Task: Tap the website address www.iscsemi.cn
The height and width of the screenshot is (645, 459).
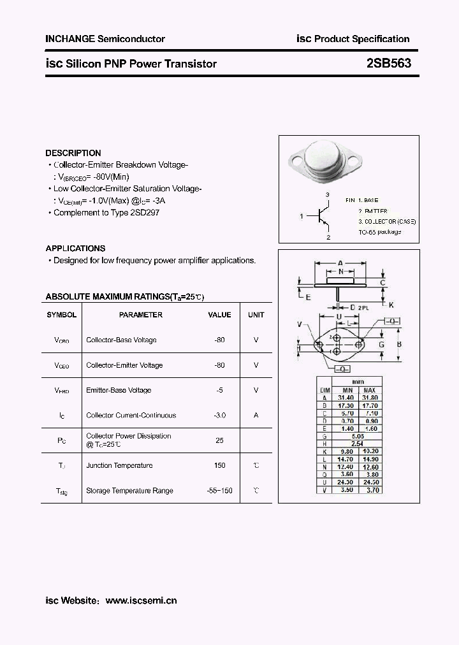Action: (141, 600)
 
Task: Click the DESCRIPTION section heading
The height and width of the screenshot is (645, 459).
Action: (73, 153)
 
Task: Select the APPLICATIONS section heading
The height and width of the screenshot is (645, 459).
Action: (75, 249)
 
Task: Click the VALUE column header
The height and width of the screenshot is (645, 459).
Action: (219, 315)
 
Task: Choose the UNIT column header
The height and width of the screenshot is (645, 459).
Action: (256, 315)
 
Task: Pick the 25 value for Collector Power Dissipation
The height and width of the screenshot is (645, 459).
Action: (219, 440)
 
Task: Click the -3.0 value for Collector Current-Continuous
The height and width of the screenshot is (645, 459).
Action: (219, 415)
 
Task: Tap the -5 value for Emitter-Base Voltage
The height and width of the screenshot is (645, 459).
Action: (219, 390)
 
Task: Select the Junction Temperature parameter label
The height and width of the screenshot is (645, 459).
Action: (119, 465)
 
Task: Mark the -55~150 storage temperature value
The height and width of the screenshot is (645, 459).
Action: (219, 491)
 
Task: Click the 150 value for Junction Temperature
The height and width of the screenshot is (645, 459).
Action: (219, 465)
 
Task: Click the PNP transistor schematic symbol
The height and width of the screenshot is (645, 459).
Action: (323, 217)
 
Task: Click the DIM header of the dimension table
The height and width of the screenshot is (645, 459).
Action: (324, 390)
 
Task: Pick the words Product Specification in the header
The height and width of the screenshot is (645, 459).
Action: (362, 39)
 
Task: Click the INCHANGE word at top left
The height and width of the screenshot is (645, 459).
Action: (70, 39)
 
